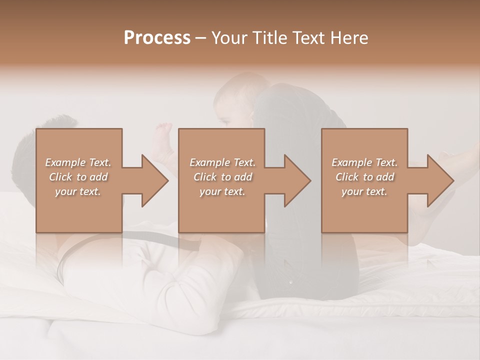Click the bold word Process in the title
tap(157, 38)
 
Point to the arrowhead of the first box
tap(155, 180)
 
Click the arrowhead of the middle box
tap(297, 180)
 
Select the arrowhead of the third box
tap(440, 180)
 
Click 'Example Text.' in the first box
tap(78, 162)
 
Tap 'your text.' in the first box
tap(78, 191)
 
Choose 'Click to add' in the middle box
tap(222, 177)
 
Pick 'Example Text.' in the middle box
tap(222, 162)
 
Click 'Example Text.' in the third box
tap(364, 162)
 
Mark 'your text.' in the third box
tap(364, 191)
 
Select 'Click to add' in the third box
tap(364, 177)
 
